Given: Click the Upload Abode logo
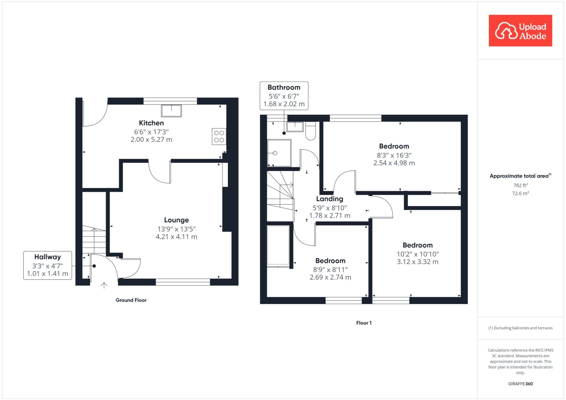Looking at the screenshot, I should click(x=520, y=31).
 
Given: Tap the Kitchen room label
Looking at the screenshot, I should click(x=151, y=123).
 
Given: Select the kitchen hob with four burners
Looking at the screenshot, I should click(x=219, y=136).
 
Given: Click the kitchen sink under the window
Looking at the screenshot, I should click(x=171, y=111).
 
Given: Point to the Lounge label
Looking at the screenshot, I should click(x=176, y=220).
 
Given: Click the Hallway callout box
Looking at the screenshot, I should click(x=48, y=265).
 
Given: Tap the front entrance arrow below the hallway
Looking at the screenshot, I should click(x=104, y=285).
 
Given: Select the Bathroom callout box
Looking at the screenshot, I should click(x=284, y=96).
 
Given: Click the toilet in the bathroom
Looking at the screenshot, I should click(x=311, y=131).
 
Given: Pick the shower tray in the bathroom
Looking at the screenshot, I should click(x=279, y=153).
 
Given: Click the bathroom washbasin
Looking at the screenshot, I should click(x=295, y=127).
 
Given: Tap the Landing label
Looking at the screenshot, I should click(x=329, y=199).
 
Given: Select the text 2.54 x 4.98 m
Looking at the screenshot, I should click(x=394, y=163).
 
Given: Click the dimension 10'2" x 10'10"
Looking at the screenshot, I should click(x=418, y=254).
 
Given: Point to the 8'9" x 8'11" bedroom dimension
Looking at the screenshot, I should click(x=330, y=269).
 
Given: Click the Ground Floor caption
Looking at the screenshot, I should click(x=131, y=300).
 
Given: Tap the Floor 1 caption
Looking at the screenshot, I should click(x=364, y=323).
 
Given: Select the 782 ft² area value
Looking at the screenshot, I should click(x=520, y=185).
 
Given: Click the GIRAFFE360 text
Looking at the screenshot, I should click(x=520, y=384).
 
